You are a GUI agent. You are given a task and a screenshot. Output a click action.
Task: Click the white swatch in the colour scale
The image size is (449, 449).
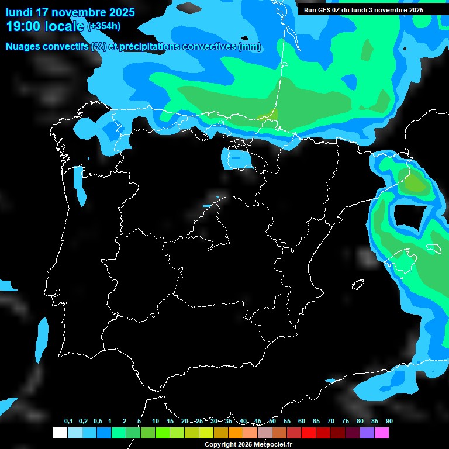60,433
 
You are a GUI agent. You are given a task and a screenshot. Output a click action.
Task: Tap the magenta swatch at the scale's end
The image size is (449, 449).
382,433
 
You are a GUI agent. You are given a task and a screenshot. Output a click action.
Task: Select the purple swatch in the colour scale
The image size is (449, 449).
367,433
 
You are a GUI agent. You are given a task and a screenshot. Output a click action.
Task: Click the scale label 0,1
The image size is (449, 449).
68,421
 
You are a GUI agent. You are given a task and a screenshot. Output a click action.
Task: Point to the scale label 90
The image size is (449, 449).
389,421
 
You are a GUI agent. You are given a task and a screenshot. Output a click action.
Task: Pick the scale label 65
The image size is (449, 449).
316,421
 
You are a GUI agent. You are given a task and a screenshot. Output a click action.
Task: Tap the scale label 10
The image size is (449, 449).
156,421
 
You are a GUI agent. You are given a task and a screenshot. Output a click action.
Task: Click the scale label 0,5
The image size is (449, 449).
98,421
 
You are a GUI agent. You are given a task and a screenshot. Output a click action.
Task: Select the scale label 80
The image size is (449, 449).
360,421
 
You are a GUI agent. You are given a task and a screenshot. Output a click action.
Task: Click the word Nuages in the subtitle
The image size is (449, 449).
22,47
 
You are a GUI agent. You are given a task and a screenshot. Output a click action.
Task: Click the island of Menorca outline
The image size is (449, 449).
436,248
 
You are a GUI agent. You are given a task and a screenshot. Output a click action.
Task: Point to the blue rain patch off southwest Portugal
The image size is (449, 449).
42,339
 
